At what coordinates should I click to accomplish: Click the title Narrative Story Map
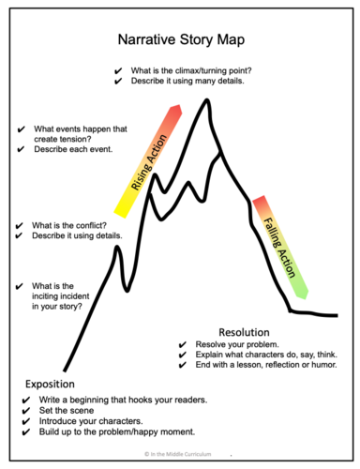pos(179,41)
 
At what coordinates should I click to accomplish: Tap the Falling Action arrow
pos(277,248)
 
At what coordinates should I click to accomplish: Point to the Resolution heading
pos(244,332)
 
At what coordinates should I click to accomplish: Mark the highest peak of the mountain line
pos(206,100)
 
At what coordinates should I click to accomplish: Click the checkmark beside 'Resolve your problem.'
pos(183,346)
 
